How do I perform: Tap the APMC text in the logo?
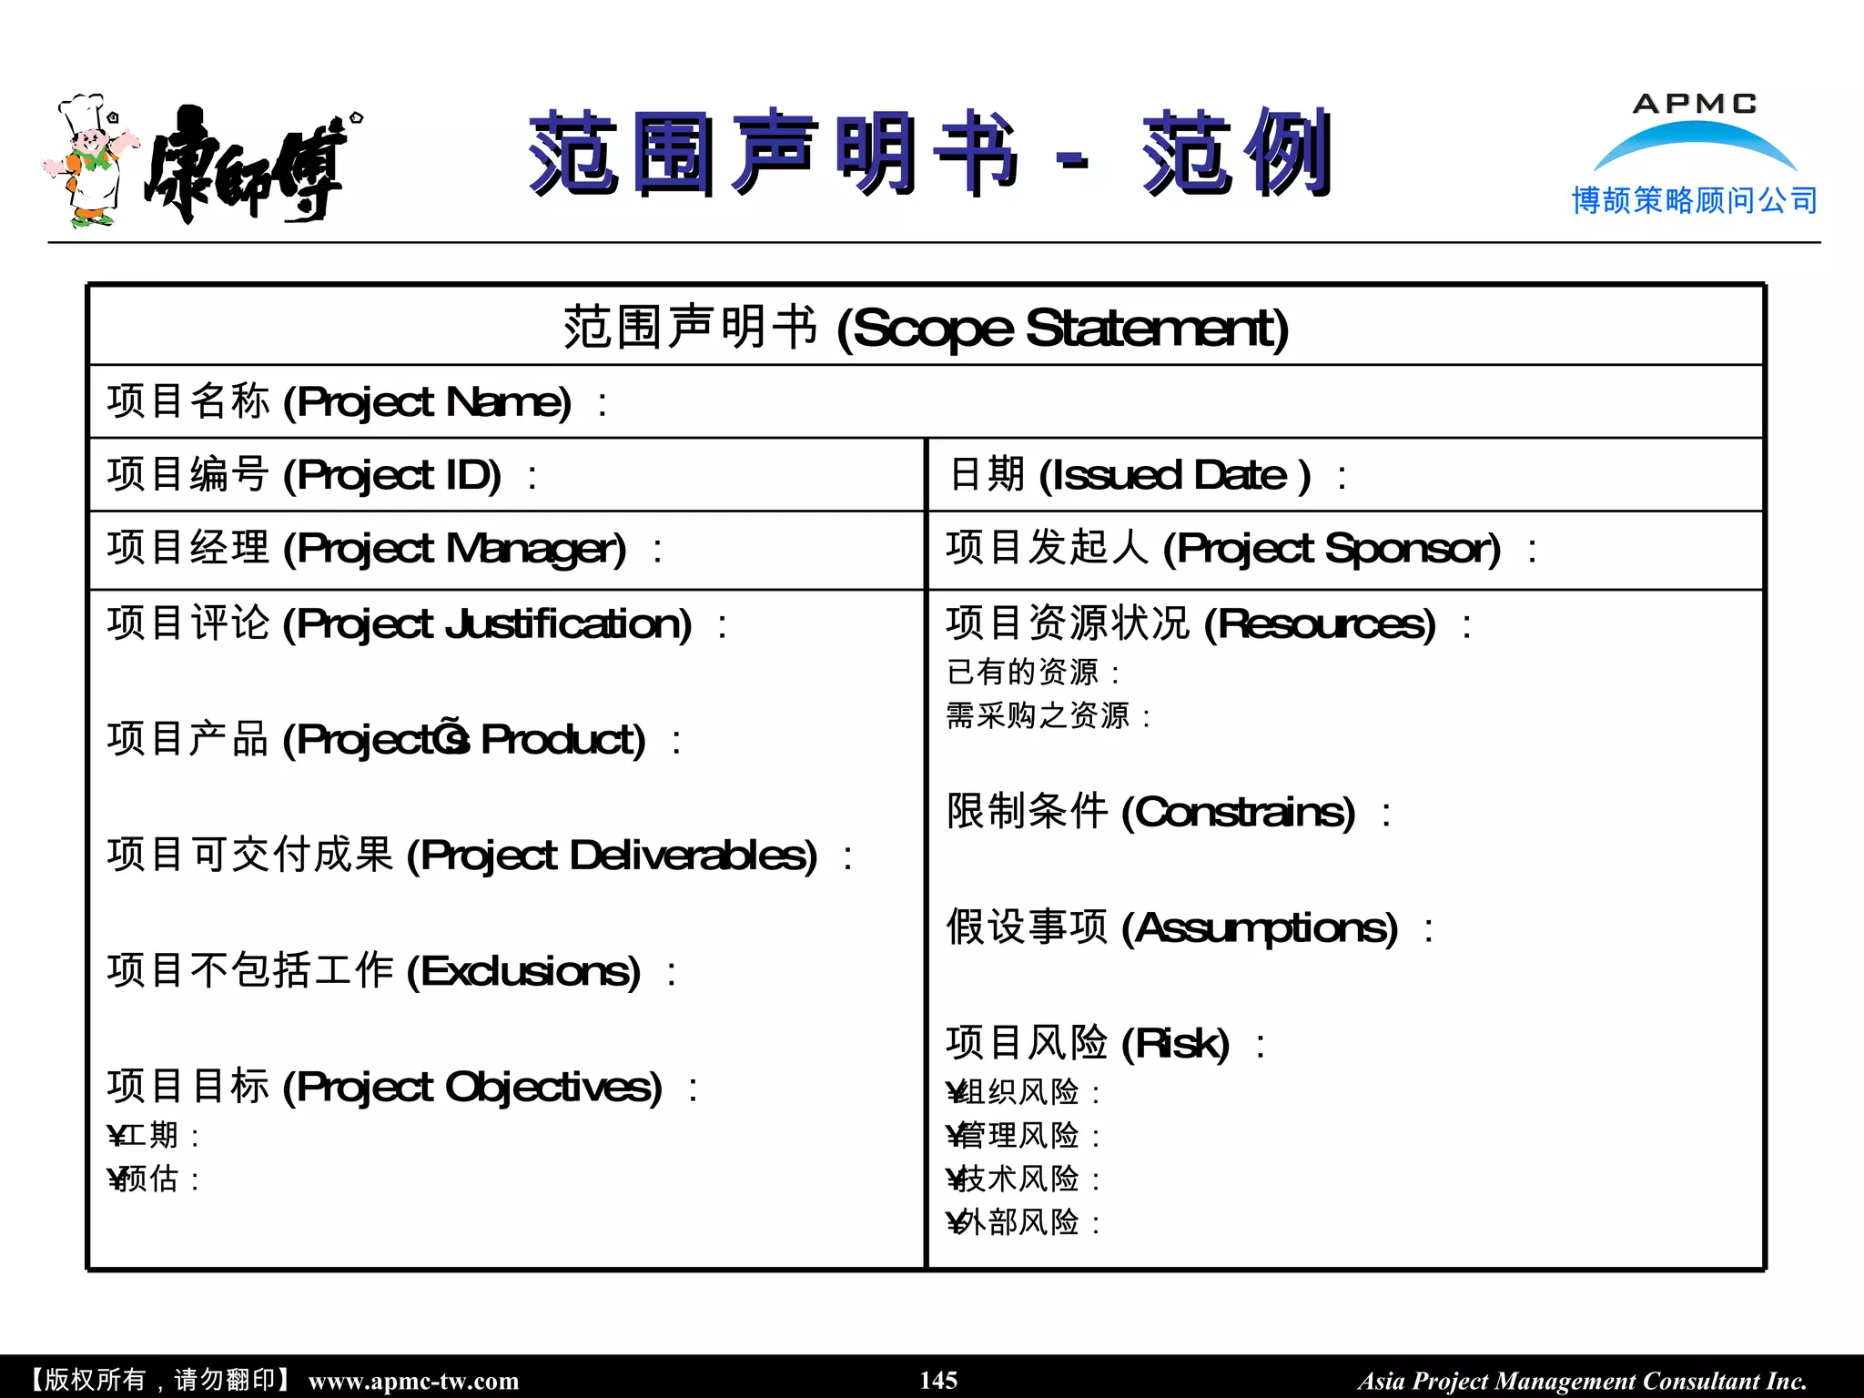1694,104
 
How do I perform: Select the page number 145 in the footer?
938,1380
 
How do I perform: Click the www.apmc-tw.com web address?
413,1381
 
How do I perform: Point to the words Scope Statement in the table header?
1062,329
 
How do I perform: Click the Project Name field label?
339,401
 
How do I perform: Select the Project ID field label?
304,475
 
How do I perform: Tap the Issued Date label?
1130,475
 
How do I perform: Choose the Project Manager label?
366,549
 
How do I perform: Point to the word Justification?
568,624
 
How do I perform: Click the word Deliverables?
693,856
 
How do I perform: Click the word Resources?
1325,624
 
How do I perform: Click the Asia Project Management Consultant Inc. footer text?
1582,1381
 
